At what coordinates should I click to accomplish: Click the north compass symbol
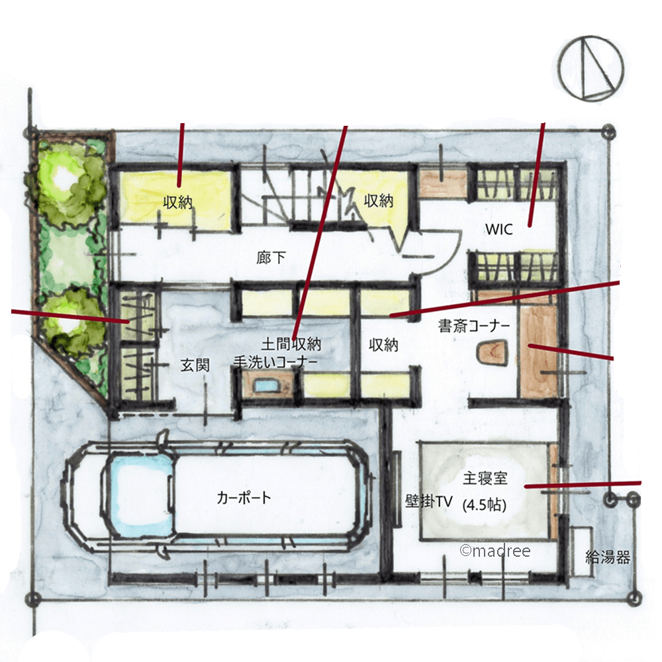(591, 68)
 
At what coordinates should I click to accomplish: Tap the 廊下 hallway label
(271, 257)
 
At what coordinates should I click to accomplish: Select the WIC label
(499, 229)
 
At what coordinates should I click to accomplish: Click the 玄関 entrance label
(195, 365)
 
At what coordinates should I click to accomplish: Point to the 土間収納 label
(291, 344)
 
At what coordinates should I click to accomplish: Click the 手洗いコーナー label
(275, 362)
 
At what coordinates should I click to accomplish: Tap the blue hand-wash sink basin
(265, 385)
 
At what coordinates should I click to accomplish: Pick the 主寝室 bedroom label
(485, 479)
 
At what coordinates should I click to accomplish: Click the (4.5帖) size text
(485, 504)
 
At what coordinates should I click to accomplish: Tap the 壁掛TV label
(429, 501)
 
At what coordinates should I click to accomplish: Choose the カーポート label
(244, 497)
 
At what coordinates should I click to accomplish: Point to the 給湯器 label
(608, 557)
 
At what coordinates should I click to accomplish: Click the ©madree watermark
(495, 551)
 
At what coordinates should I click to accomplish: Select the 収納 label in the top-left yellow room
(177, 203)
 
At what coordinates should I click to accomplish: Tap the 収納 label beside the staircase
(379, 201)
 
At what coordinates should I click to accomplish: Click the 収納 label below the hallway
(383, 345)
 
